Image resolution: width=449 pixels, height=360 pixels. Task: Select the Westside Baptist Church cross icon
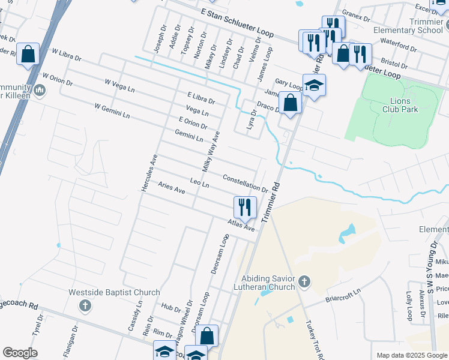(85, 306)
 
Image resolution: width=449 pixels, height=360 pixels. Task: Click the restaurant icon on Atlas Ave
(245, 208)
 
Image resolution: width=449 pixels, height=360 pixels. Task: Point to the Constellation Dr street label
(245, 183)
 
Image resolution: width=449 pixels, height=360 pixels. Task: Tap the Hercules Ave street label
(149, 173)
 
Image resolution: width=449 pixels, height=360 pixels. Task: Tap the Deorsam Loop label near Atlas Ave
(220, 254)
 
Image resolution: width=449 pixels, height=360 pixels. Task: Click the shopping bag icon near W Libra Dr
(28, 54)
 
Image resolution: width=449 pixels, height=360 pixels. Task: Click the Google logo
(20, 353)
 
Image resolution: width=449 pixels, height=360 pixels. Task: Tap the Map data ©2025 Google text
(411, 355)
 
